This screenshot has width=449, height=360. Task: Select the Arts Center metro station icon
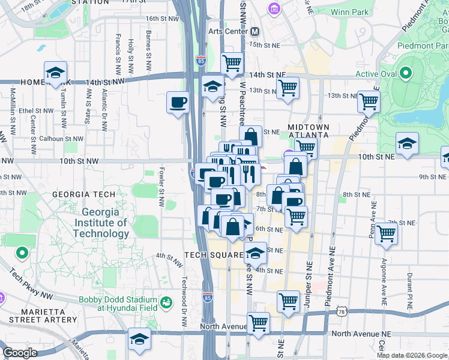255,31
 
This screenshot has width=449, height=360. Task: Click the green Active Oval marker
406,74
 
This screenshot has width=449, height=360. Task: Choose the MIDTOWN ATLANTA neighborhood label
309,132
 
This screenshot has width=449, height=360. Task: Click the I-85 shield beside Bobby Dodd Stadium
208,298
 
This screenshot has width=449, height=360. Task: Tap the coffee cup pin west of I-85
178,103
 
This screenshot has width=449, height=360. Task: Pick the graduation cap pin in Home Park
55,73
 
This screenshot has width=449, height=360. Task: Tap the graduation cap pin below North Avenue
140,340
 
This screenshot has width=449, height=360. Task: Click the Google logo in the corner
20,353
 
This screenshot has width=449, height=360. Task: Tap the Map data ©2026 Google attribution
412,355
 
